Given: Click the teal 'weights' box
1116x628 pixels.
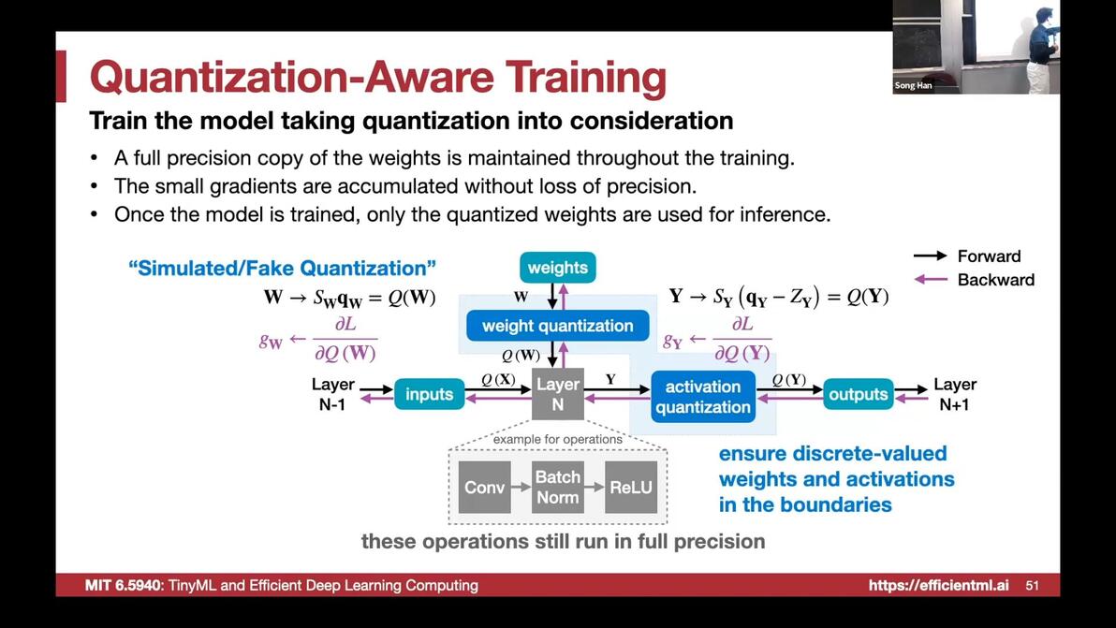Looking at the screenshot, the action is pyautogui.click(x=557, y=268).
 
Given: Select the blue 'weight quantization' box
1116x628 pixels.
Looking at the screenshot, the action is pyautogui.click(x=557, y=326).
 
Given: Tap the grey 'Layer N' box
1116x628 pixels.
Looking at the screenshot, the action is pyautogui.click(x=558, y=394).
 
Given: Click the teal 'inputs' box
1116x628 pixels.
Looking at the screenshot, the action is pyautogui.click(x=429, y=394).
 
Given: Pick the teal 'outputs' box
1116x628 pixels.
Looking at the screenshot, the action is pyautogui.click(x=858, y=394).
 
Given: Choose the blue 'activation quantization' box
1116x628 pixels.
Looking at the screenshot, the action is pyautogui.click(x=702, y=397).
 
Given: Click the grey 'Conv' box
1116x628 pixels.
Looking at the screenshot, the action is pyautogui.click(x=484, y=488).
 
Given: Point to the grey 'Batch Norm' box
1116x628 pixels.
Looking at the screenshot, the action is pyautogui.click(x=557, y=488).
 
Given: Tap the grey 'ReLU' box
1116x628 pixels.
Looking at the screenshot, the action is pyautogui.click(x=631, y=488).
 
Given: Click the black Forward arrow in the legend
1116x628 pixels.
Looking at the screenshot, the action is pyautogui.click(x=931, y=256).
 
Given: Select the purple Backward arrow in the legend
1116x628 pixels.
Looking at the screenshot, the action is pyautogui.click(x=931, y=280).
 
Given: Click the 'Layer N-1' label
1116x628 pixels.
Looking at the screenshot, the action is pyautogui.click(x=332, y=394).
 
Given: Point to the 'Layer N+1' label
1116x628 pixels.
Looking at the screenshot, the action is pyautogui.click(x=954, y=394).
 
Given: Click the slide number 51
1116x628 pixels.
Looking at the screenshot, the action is pyautogui.click(x=1032, y=585).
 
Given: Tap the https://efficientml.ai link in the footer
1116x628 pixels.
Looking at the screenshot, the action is pyautogui.click(x=938, y=585).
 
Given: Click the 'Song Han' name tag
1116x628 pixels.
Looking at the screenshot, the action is pyautogui.click(x=913, y=85).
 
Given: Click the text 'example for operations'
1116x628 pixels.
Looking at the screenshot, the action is pyautogui.click(x=557, y=440).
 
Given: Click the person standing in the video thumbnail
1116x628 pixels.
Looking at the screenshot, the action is pyautogui.click(x=1040, y=50).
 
